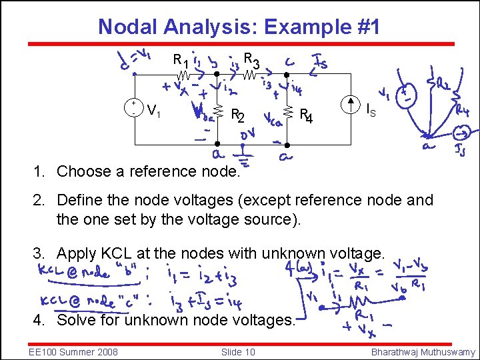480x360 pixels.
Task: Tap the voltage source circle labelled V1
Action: [135, 108]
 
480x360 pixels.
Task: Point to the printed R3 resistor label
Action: [251, 60]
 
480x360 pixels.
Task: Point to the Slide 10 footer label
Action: [237, 351]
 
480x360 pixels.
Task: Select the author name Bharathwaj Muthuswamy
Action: [423, 351]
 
